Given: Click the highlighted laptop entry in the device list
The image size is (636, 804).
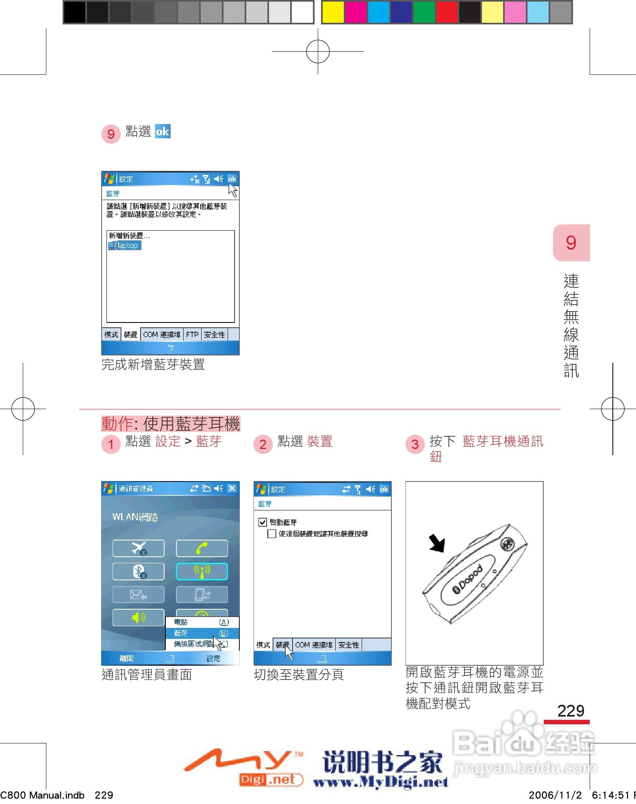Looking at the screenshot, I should [x=125, y=246].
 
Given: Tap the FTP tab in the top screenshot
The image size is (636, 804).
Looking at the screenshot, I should [x=192, y=335].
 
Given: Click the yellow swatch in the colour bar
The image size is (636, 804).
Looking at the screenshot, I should [x=333, y=12].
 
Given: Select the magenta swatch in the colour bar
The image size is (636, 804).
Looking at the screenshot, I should [x=356, y=12].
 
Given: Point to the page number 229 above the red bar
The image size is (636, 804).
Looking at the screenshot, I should [x=571, y=711].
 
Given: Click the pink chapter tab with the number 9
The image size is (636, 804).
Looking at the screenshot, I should [x=571, y=243].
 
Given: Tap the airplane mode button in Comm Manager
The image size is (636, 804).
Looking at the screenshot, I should [x=139, y=549].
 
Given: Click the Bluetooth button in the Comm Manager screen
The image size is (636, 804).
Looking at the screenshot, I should [x=139, y=571].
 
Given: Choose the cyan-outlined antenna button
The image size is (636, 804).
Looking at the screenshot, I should [x=202, y=571].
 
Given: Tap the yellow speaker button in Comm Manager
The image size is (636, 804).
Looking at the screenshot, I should [x=139, y=617].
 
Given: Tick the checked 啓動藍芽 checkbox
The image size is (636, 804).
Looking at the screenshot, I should [x=263, y=522].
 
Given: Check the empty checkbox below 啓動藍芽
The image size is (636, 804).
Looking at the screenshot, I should [x=272, y=534].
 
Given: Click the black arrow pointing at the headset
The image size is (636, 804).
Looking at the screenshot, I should [x=438, y=543].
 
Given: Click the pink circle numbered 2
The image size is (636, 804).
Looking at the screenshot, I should [x=263, y=444].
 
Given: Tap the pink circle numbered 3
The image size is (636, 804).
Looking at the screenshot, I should [x=415, y=444].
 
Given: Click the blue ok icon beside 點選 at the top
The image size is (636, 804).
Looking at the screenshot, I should [x=163, y=131].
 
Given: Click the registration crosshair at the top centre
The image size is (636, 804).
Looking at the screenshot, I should [x=318, y=51].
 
